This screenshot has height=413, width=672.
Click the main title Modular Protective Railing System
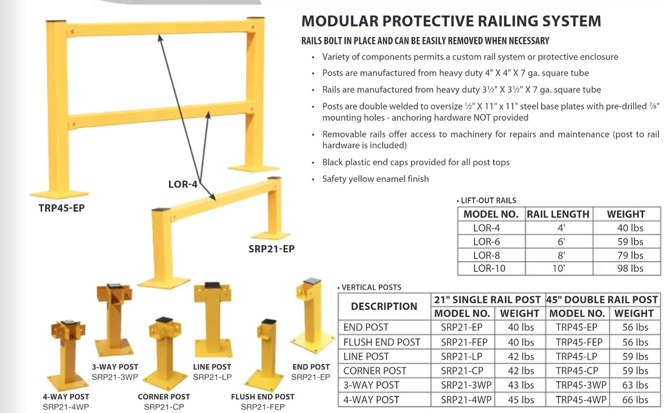[x=451, y=21]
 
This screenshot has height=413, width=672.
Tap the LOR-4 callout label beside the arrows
[x=182, y=184]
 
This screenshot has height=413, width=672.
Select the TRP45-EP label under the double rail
[x=61, y=208]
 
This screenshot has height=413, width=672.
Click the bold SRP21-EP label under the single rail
[x=271, y=249]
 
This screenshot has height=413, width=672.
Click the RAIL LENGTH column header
[x=558, y=214]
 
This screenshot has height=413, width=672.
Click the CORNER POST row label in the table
[x=374, y=371]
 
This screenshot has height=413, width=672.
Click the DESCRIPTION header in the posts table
[x=384, y=307]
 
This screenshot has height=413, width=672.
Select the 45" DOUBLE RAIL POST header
[x=602, y=299]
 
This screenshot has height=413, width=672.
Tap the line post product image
[x=213, y=320]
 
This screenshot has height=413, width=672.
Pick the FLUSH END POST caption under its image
[x=262, y=397]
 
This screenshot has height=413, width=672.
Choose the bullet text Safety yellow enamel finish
[x=375, y=179]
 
